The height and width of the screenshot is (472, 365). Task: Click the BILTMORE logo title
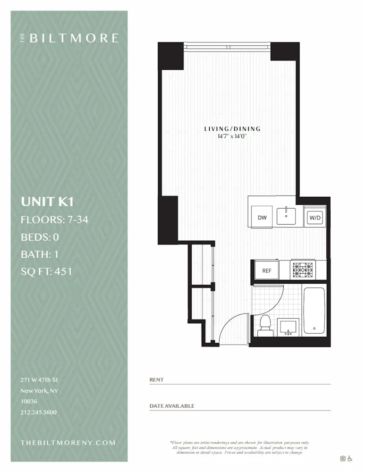click(x=74, y=38)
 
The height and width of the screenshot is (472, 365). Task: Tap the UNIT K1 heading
click(x=47, y=202)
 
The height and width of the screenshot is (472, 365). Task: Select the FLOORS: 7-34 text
click(x=55, y=219)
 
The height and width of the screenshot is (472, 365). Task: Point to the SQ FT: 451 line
click(x=46, y=271)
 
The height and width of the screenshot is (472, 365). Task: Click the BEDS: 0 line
click(x=40, y=237)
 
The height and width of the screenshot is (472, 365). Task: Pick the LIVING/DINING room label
click(x=232, y=129)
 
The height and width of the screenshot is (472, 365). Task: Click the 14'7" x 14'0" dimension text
click(x=232, y=136)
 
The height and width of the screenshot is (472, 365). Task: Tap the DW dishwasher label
click(x=263, y=218)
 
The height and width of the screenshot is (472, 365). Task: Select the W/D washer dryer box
click(x=314, y=218)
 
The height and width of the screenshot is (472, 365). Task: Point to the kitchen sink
click(x=286, y=216)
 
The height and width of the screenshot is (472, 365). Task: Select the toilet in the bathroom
click(x=265, y=326)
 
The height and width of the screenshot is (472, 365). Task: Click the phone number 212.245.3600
click(x=39, y=412)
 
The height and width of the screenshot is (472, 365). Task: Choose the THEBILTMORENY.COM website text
click(x=68, y=443)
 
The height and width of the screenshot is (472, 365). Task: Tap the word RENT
click(x=156, y=379)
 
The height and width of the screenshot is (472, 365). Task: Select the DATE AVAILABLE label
click(x=172, y=406)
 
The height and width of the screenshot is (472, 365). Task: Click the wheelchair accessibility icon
click(x=350, y=458)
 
